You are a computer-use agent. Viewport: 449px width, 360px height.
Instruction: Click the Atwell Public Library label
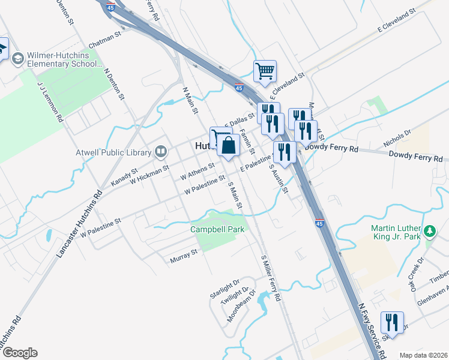pyautogui.click(x=112, y=152)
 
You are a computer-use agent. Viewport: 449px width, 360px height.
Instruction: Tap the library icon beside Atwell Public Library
pyautogui.click(x=160, y=152)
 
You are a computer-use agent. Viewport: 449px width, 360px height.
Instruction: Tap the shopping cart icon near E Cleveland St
pyautogui.click(x=265, y=71)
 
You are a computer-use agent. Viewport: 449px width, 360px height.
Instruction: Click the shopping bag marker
pyautogui.click(x=229, y=146)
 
